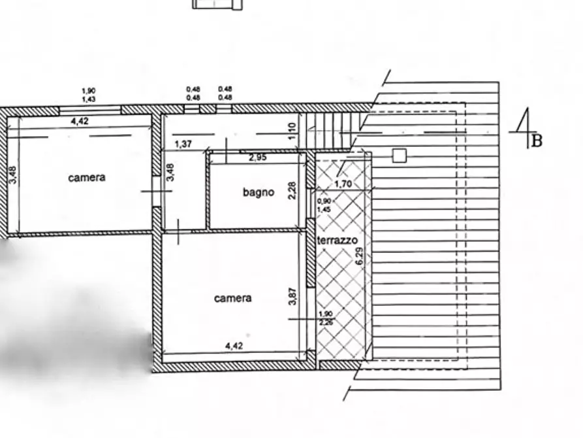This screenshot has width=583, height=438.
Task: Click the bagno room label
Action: click(259, 192)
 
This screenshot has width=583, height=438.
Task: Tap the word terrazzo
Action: click(337, 241)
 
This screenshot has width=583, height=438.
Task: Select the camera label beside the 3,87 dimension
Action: click(232, 298)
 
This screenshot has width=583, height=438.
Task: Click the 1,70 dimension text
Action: click(343, 184)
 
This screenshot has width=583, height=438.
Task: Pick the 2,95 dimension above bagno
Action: click(258, 158)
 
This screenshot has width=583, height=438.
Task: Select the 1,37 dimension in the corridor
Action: click(183, 144)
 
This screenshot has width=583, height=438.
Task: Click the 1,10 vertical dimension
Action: click(293, 131)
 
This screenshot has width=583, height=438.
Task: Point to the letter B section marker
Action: click(537, 141)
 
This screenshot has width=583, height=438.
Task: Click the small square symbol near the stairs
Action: click(400, 155)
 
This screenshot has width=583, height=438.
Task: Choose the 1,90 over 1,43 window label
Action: click(89, 95)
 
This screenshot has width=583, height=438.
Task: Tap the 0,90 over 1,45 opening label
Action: click(324, 205)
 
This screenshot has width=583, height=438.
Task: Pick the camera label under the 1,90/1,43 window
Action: click(87, 177)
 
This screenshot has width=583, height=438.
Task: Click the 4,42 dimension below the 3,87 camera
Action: click(233, 346)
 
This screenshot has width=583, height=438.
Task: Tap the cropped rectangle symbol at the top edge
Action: click(217, 5)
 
